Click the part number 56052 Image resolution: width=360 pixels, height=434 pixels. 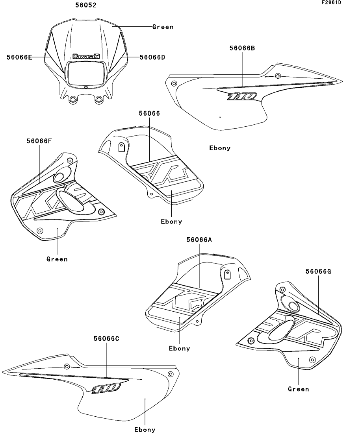[86, 6]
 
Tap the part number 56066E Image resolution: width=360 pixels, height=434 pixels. [19, 57]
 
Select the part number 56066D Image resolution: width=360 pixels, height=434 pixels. [152, 57]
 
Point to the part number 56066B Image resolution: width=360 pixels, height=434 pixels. [242, 48]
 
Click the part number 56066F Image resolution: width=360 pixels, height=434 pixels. [39, 141]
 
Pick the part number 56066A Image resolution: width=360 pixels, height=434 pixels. [199, 240]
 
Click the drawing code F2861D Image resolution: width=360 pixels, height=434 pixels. [331, 3]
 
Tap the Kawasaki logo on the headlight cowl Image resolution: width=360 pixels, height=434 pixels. [86, 56]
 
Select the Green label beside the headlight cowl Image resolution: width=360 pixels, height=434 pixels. [163, 27]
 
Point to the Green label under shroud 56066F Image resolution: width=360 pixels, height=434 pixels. [57, 259]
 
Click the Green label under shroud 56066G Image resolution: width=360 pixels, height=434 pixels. [299, 389]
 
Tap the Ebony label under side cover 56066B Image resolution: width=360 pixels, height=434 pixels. [220, 148]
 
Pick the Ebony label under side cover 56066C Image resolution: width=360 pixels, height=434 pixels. [145, 430]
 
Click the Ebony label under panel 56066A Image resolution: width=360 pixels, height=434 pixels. [180, 349]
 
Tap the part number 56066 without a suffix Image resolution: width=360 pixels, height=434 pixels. [149, 113]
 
